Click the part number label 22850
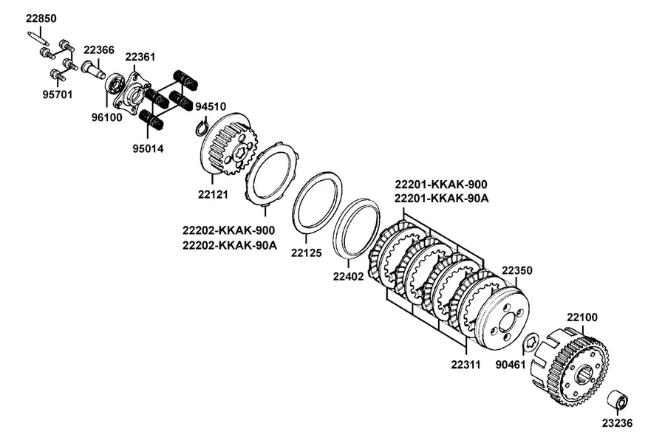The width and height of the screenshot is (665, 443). point(41,18)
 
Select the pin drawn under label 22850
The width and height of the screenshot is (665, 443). point(39,38)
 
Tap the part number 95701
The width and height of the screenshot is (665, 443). point(57,95)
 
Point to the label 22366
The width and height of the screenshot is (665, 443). point(99,50)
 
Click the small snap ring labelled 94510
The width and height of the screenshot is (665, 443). point(202,128)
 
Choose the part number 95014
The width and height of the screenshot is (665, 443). point(148,149)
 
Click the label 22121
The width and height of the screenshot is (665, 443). point(213,195)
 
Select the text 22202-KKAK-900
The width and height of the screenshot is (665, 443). point(229,230)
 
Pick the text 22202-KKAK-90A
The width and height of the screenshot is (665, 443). point(230,245)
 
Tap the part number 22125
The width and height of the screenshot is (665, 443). point(306,253)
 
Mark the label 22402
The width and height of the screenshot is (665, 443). point(348,276)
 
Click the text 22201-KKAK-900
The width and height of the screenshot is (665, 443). point(441,185)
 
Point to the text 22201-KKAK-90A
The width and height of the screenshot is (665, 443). point(442,198)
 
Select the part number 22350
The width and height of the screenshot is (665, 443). point(517,270)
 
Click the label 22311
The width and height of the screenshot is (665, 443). point(465,365)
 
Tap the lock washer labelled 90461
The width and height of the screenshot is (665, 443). point(531,342)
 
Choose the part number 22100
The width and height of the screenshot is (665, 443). point(582,317)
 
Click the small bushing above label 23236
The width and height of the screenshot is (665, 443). point(618,399)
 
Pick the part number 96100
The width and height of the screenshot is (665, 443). point(107,117)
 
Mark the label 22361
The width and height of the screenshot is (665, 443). point(140,57)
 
